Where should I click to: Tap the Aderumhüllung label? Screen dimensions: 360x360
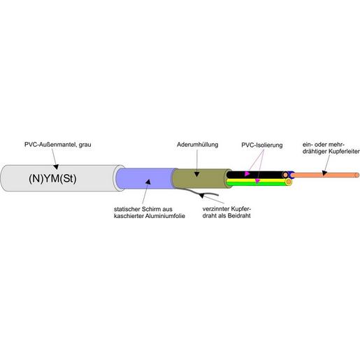coord(199,145)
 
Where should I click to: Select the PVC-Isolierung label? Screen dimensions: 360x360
coord(261,145)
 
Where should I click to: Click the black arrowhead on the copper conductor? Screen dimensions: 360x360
coord(324,175)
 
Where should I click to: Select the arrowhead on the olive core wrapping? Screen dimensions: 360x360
coord(199,172)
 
